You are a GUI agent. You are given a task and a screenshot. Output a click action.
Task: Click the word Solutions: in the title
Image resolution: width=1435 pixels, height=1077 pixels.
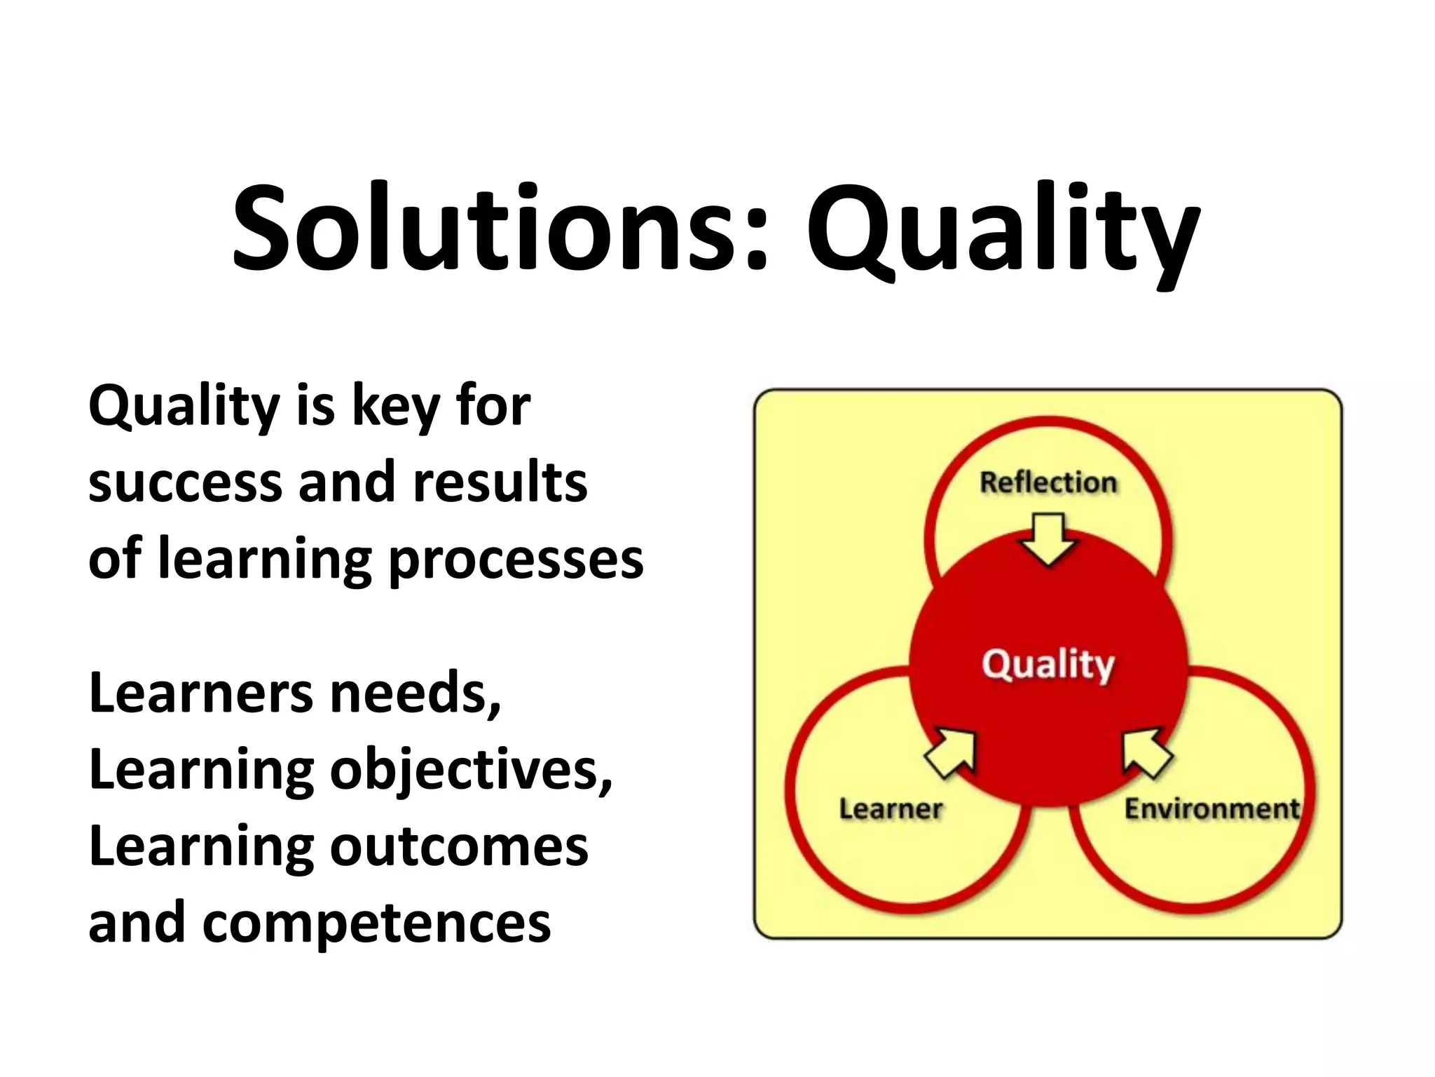(501, 228)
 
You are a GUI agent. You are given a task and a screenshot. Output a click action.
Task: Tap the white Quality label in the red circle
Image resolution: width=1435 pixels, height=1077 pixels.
(1048, 664)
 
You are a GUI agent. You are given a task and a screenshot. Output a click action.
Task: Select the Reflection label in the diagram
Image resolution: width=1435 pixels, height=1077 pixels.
(1048, 482)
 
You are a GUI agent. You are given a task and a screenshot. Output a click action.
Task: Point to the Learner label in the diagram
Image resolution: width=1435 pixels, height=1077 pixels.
(891, 809)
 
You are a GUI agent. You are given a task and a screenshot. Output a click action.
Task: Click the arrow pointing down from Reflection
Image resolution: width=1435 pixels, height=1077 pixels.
(1048, 538)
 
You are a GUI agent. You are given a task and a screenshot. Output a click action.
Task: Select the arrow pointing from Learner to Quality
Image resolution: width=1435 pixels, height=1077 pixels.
(951, 752)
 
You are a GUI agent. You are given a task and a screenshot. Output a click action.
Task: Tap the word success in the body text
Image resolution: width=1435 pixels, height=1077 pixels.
(184, 484)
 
